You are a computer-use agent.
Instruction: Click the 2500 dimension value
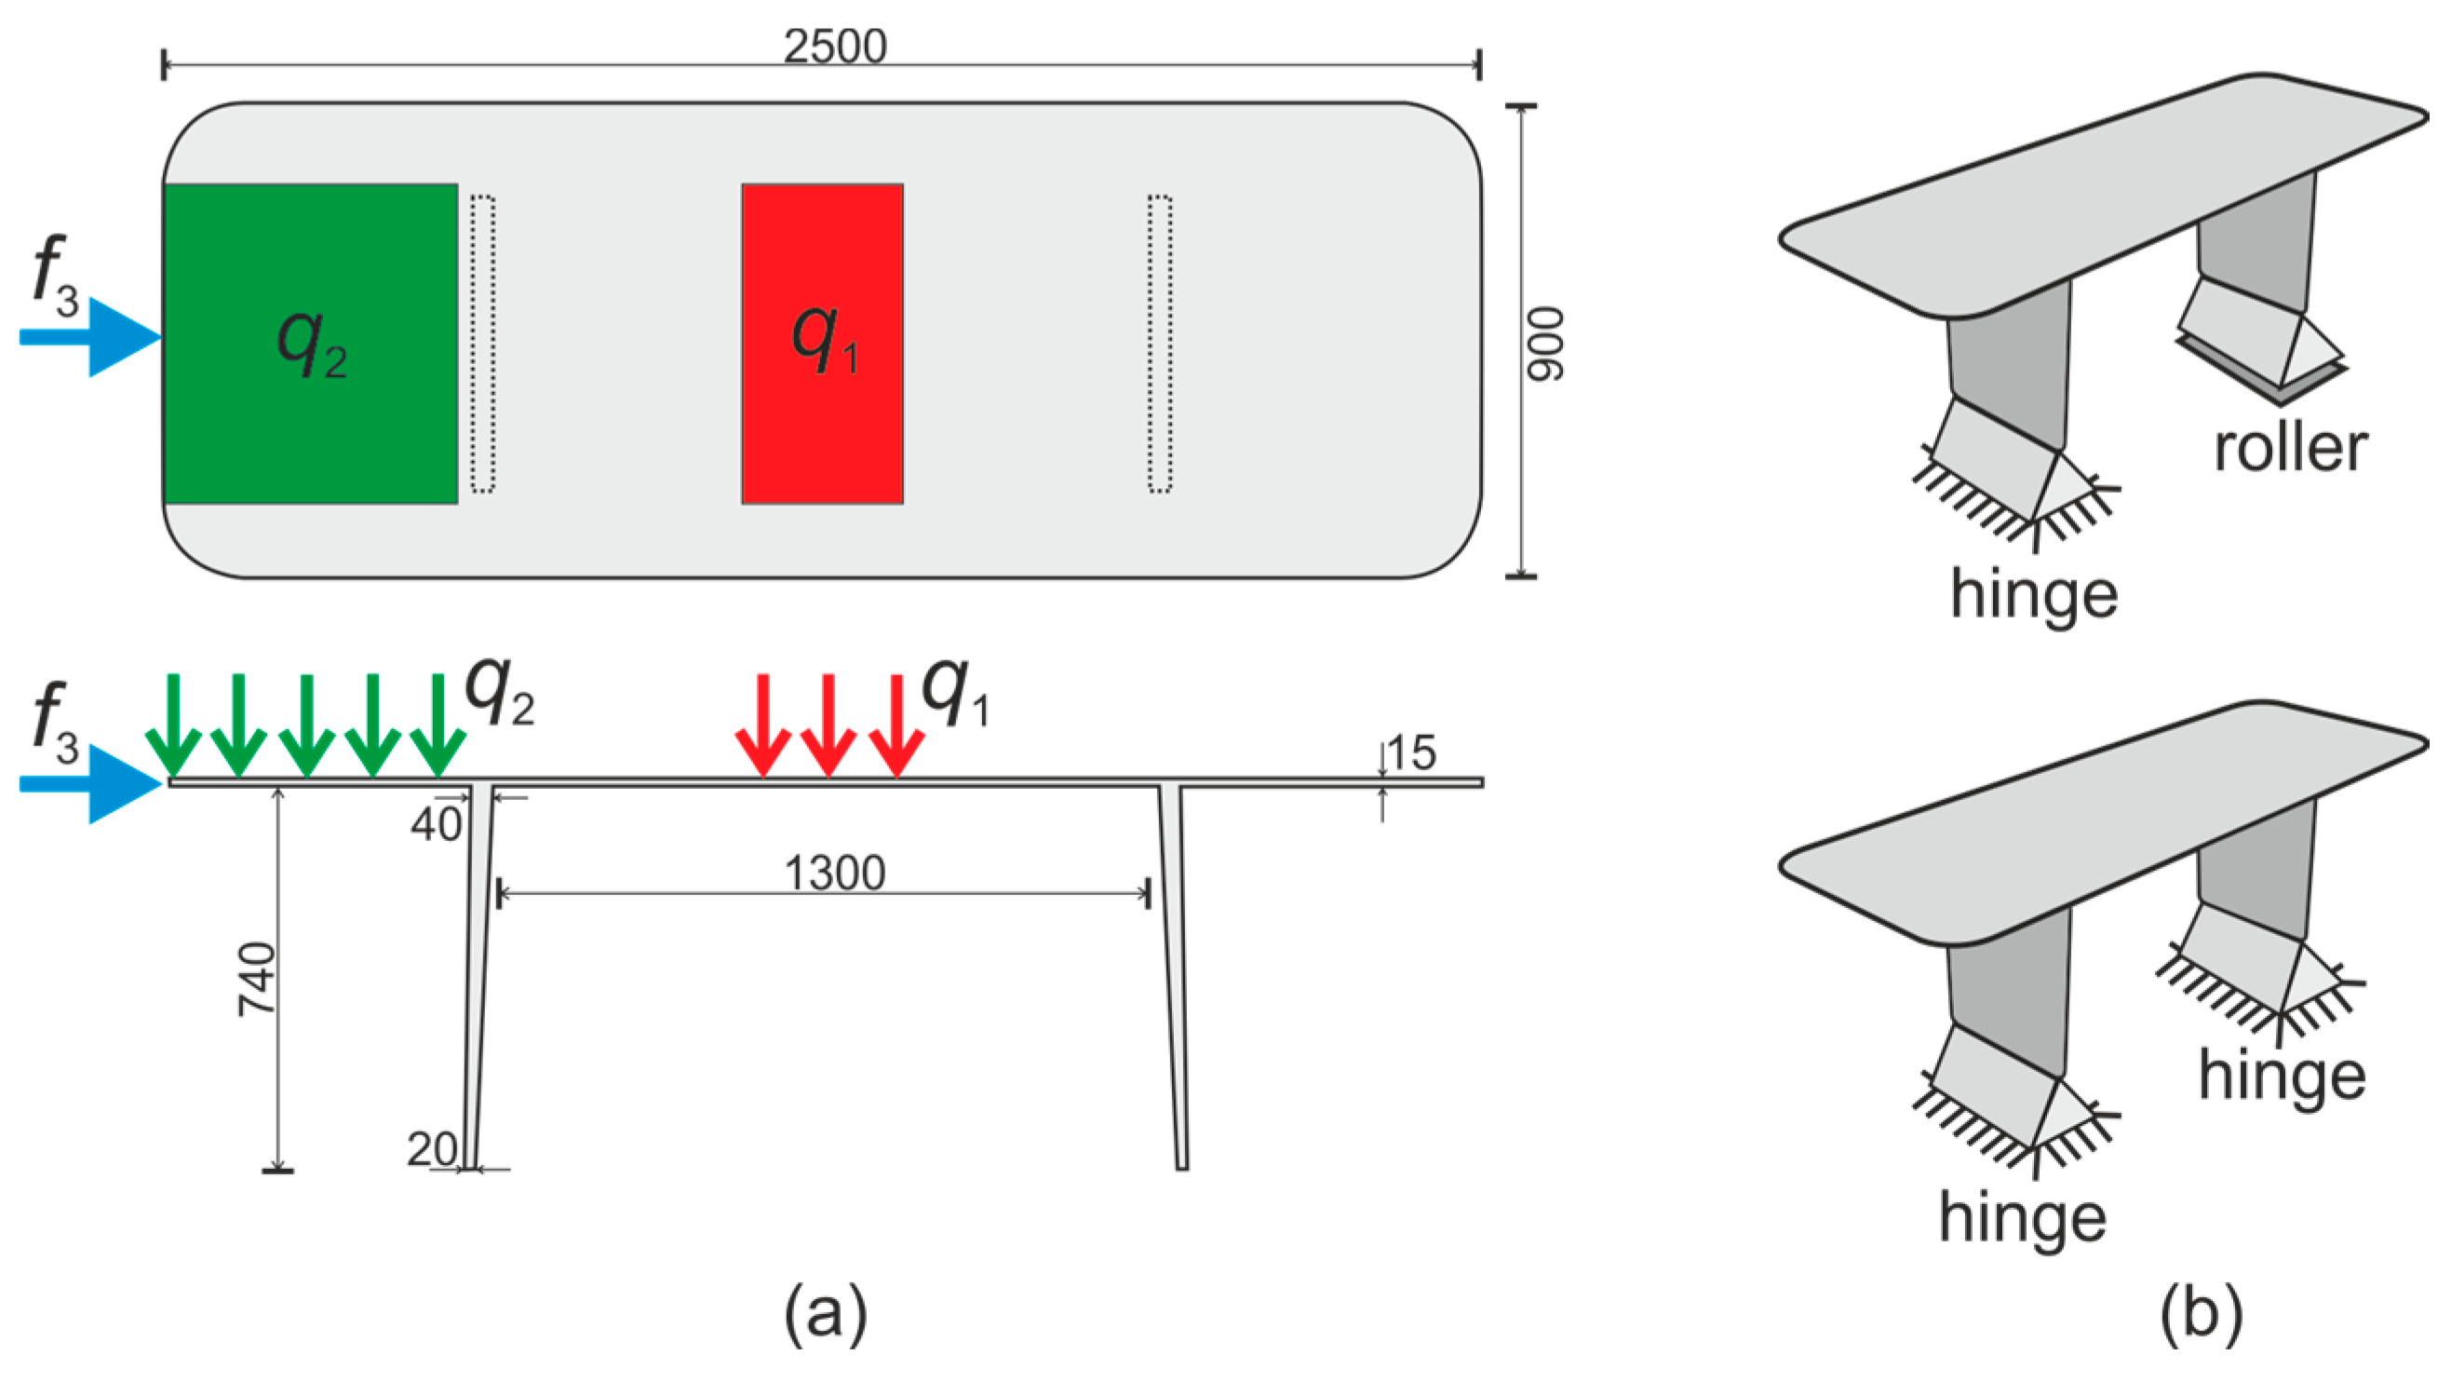pyautogui.click(x=834, y=46)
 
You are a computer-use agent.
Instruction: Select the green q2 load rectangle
pyautogui.click(x=311, y=344)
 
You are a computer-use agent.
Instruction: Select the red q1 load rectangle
pyautogui.click(x=822, y=344)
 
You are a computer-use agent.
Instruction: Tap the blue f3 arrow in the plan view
pyautogui.click(x=90, y=337)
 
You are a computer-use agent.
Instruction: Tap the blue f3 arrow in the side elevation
pyautogui.click(x=90, y=783)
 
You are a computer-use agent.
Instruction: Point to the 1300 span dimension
pyautogui.click(x=834, y=873)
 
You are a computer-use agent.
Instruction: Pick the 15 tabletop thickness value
pyautogui.click(x=1410, y=753)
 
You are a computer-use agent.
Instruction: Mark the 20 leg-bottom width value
pyautogui.click(x=432, y=1151)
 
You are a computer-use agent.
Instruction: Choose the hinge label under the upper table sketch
pyautogui.click(x=2033, y=594)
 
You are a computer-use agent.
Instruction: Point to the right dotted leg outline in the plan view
pyautogui.click(x=1159, y=344)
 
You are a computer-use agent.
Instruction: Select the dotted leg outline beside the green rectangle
pyautogui.click(x=482, y=344)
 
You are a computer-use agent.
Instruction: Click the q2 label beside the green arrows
pyautogui.click(x=499, y=694)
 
